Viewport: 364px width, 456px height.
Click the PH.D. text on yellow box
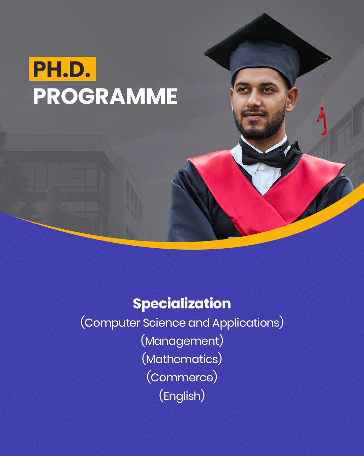pos(62,69)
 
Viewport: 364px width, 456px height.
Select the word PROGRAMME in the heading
pos(105,97)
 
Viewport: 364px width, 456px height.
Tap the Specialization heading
pos(182,303)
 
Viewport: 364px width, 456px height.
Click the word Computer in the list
pos(112,323)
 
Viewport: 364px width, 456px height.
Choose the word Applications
pos(246,323)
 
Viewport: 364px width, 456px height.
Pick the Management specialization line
pos(182,341)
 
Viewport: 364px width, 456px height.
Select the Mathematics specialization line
pos(182,359)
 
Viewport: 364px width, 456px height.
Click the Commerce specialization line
pos(182,377)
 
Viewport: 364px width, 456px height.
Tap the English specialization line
pos(182,396)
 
